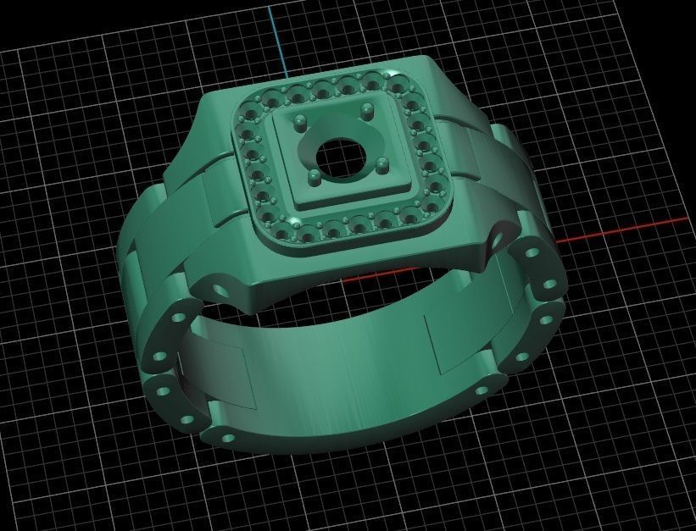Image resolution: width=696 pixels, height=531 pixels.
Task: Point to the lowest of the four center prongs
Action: (315, 180)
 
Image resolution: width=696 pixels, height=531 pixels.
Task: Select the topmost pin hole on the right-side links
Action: (533, 252)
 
